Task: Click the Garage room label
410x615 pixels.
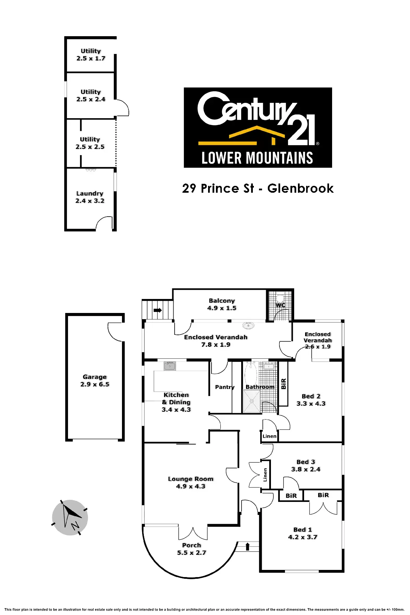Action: click(x=95, y=377)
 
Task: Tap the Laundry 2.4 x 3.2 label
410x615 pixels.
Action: click(x=90, y=197)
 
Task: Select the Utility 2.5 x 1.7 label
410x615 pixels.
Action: click(x=91, y=55)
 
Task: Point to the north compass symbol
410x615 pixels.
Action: click(x=70, y=517)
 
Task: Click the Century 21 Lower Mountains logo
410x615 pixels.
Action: click(x=258, y=127)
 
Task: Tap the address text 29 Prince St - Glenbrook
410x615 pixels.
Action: click(x=258, y=188)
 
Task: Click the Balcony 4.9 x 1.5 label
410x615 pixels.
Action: click(x=222, y=304)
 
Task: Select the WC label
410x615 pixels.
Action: click(x=280, y=305)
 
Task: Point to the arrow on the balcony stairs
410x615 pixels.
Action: click(x=158, y=310)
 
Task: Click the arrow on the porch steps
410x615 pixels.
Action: click(x=248, y=546)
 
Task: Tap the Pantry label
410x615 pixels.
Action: click(x=224, y=387)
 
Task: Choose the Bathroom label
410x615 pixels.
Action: click(x=260, y=387)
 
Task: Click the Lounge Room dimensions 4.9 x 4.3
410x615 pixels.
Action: click(x=191, y=486)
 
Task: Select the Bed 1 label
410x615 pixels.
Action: click(x=303, y=530)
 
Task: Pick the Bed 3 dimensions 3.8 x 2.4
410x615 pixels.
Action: click(x=306, y=469)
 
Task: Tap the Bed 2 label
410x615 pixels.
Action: click(x=311, y=396)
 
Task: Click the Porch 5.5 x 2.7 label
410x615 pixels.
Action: click(x=192, y=549)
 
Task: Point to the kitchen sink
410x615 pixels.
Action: click(x=169, y=366)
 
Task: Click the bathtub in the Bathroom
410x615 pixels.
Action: click(x=251, y=375)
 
